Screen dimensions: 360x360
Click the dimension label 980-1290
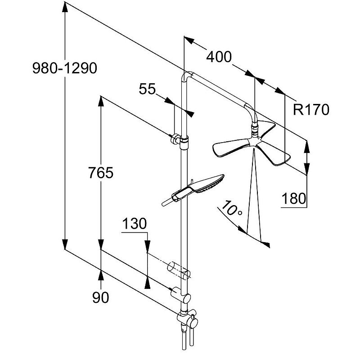pyautogui.click(x=65, y=68)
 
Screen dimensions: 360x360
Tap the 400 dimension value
pyautogui.click(x=219, y=57)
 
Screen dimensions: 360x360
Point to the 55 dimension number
pyautogui.click(x=147, y=89)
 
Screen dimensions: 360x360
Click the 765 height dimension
pyautogui.click(x=101, y=173)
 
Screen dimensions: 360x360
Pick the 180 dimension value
pyautogui.click(x=295, y=198)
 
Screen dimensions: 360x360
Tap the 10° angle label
pyautogui.click(x=230, y=210)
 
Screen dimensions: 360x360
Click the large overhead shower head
pyautogui.click(x=252, y=146)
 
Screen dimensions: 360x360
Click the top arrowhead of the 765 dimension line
pyautogui.click(x=101, y=100)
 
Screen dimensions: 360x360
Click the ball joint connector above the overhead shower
pyautogui.click(x=255, y=132)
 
